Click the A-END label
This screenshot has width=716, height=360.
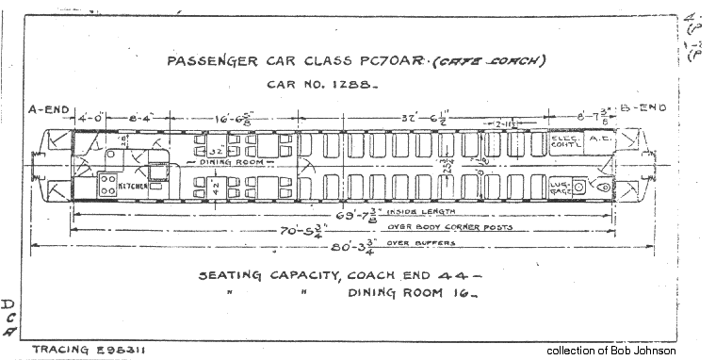pos(49,110)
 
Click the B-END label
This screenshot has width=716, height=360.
pos(643,107)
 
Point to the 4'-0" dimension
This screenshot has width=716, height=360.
pos(90,119)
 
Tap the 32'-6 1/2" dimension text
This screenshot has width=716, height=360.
pos(425,118)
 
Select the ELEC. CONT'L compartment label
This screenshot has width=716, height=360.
pos(568,142)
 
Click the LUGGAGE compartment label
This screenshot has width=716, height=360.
pos(561,188)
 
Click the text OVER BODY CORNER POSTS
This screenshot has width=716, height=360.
pos(441,228)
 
